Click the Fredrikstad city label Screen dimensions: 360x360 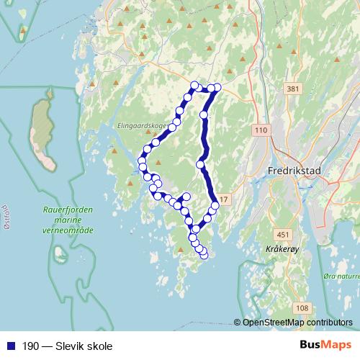pyautogui.click(x=293, y=171)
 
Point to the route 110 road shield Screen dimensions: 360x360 pyautogui.click(x=260, y=130)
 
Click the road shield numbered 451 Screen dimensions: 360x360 pyautogui.click(x=284, y=234)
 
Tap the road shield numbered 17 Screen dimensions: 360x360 pyautogui.click(x=224, y=199)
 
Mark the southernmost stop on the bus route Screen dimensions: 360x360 pyautogui.click(x=204, y=254)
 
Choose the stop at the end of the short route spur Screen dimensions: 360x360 pyautogui.click(x=186, y=197)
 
